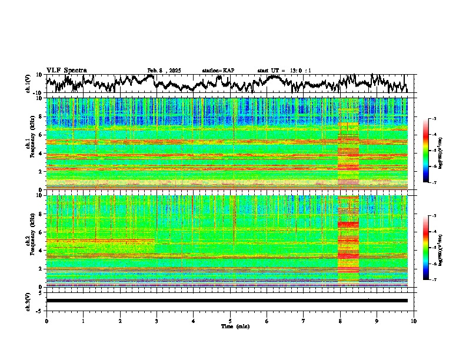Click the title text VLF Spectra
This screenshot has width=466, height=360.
pos(66,70)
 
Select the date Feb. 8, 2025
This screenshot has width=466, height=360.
pos(164,71)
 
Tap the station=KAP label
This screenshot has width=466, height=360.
pos(218,71)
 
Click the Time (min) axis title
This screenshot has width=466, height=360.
pos(235,326)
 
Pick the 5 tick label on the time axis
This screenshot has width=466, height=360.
pos(230,321)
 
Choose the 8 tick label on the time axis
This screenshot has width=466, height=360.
pos(340,321)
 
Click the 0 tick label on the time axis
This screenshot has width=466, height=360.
pos(46,321)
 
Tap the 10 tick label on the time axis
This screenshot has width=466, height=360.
pos(414,321)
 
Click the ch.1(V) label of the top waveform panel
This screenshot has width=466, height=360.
pos(28,84)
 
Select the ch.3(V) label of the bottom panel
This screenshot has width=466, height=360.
pos(28,301)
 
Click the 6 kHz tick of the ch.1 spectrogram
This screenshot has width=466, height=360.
pos(40,135)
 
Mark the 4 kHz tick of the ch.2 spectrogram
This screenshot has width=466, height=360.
pos(40,251)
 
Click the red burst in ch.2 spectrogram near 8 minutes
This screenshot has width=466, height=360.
pos(348,224)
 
